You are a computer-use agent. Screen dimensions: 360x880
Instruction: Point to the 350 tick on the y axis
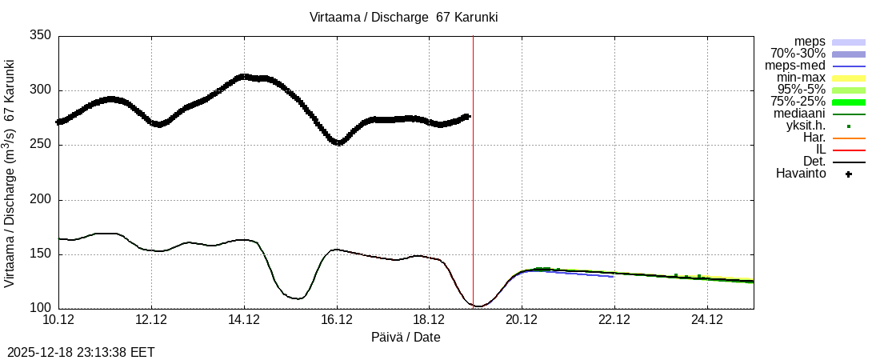point(40,35)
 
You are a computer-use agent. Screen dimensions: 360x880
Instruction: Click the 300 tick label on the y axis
point(40,90)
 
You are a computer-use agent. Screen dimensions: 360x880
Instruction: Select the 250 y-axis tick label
point(40,145)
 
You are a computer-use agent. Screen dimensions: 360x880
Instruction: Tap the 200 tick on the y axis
point(40,200)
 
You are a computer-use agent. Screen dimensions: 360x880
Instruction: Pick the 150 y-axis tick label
point(40,254)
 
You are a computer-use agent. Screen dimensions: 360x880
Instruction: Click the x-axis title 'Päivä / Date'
point(406,337)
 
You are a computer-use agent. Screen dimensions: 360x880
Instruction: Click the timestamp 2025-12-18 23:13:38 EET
point(81,352)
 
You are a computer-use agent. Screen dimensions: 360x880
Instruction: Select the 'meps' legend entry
point(810,42)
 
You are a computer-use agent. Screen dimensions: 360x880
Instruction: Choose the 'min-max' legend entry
point(801,78)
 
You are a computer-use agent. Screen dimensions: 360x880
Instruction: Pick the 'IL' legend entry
point(820,150)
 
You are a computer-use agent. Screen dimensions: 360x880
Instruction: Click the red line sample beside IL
point(849,150)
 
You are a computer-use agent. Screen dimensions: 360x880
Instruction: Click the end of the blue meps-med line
point(614,276)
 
